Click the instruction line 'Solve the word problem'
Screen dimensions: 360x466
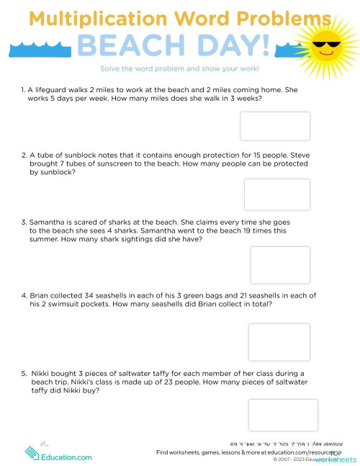point(180,68)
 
